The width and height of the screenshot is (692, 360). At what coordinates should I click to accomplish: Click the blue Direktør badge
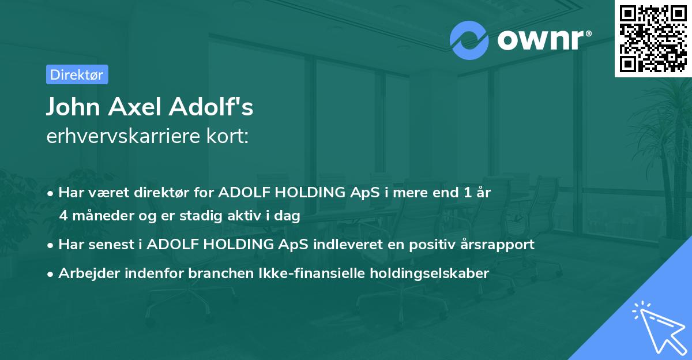[77, 74]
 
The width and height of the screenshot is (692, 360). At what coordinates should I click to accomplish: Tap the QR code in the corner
[652, 38]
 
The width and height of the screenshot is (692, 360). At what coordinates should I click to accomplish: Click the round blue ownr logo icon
[469, 40]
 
